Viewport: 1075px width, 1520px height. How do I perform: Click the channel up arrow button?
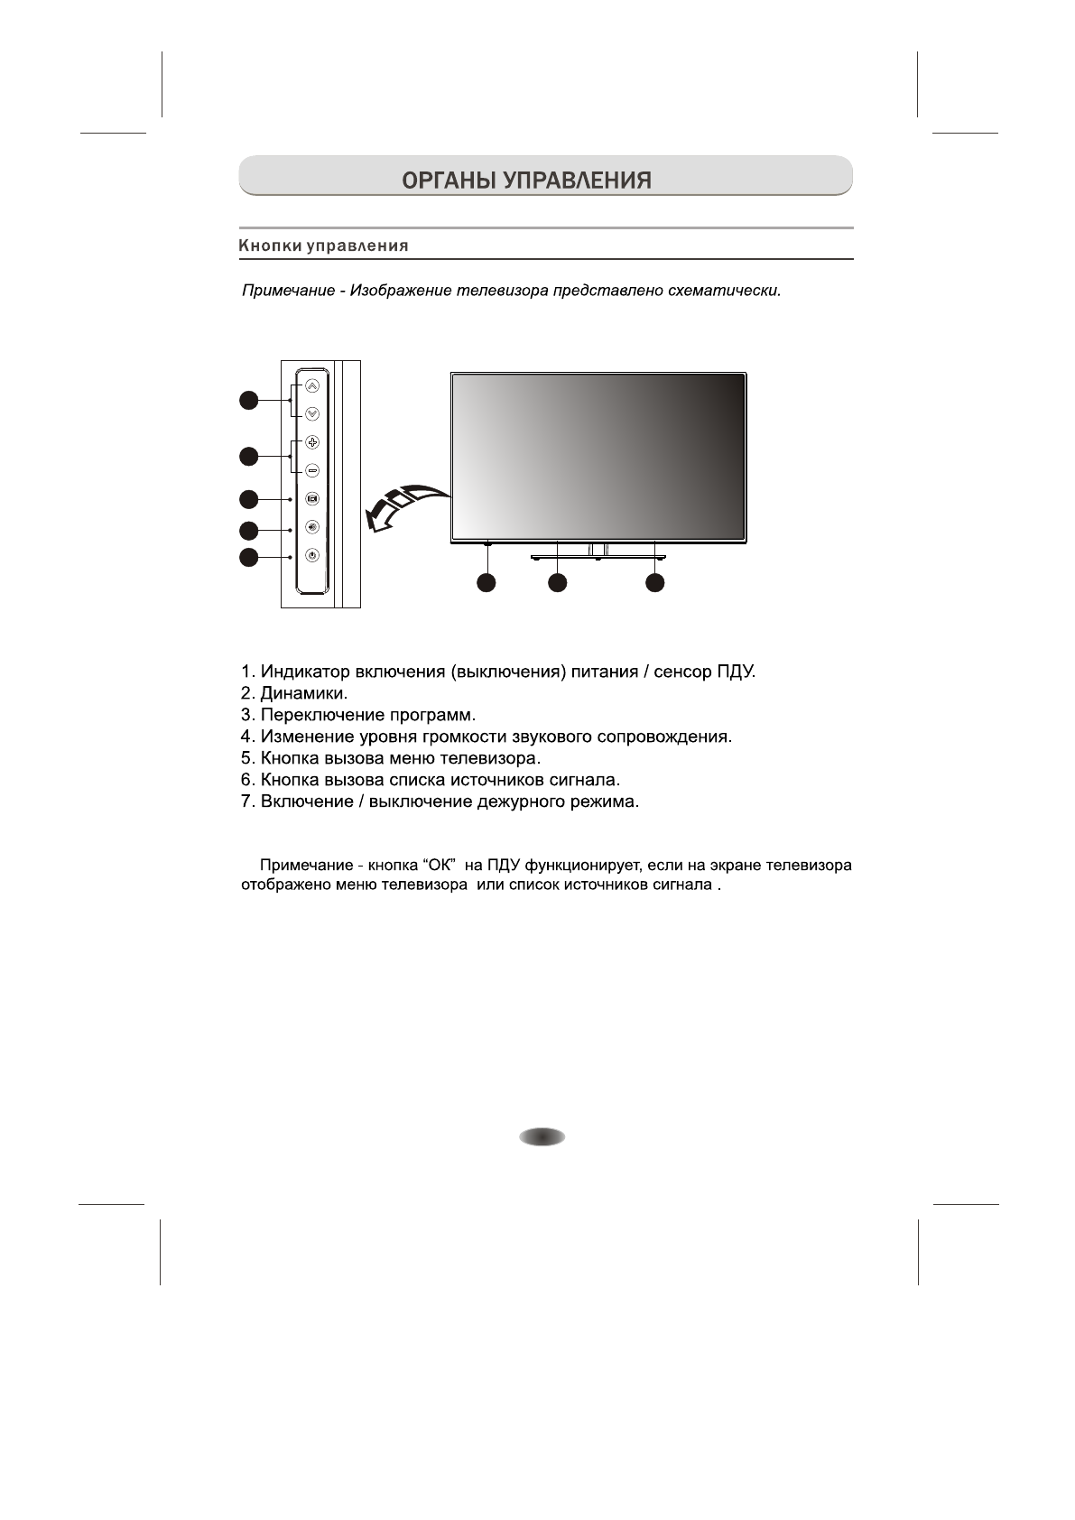pos(312,385)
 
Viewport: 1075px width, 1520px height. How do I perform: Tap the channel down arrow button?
pos(312,414)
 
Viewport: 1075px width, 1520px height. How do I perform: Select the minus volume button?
pos(312,470)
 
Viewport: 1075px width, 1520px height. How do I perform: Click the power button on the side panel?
pos(312,556)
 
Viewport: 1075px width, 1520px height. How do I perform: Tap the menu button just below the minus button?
pos(312,498)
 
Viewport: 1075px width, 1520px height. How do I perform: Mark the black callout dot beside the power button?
pos(249,558)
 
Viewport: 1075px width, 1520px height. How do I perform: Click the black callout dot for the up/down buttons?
pos(249,401)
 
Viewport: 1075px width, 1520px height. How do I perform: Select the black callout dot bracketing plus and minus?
pos(249,457)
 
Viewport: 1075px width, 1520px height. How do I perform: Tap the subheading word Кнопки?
pos(269,246)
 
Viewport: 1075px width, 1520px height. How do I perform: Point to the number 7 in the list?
pos(246,802)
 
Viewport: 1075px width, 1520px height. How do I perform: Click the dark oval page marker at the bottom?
pos(542,1137)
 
